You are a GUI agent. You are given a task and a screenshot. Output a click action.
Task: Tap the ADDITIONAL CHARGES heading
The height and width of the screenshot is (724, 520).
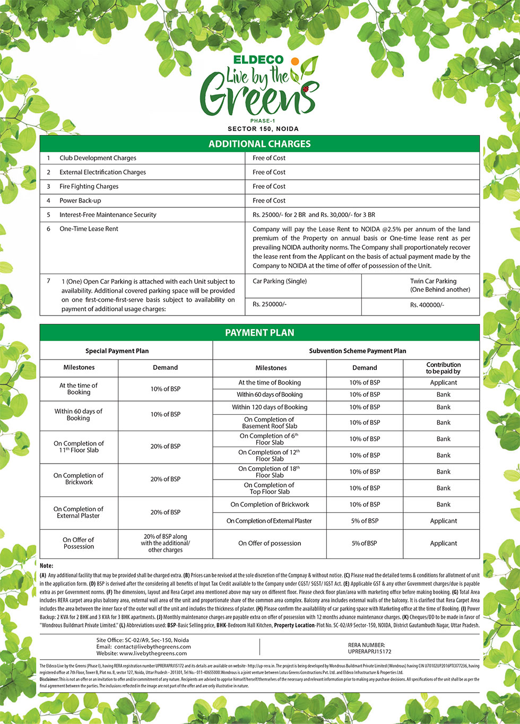pyautogui.click(x=259, y=144)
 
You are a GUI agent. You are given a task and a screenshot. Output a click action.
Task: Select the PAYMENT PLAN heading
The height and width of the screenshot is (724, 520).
pyautogui.click(x=259, y=333)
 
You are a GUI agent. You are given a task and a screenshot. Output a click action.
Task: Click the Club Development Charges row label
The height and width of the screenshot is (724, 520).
pyautogui.click(x=98, y=158)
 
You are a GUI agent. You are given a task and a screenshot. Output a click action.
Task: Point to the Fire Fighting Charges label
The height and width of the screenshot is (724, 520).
pyautogui.click(x=89, y=187)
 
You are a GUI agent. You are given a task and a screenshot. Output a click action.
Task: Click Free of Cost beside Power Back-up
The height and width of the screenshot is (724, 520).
pyautogui.click(x=269, y=200)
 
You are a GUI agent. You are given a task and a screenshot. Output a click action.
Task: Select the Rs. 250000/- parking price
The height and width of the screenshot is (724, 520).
pyautogui.click(x=270, y=304)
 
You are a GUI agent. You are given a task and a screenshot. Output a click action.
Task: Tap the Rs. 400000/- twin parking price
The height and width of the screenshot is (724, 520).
pyautogui.click(x=427, y=305)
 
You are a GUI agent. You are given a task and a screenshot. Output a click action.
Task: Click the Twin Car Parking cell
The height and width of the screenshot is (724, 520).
pyautogui.click(x=440, y=285)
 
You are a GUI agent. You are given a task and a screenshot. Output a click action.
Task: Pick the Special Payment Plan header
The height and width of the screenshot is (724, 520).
pyautogui.click(x=117, y=351)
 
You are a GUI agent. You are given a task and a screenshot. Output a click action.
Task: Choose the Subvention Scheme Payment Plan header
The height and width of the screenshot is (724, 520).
pyautogui.click(x=358, y=351)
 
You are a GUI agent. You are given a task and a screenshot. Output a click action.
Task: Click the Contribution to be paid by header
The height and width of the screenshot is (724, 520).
pyautogui.click(x=443, y=368)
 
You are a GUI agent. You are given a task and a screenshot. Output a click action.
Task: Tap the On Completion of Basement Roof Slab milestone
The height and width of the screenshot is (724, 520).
pyautogui.click(x=270, y=423)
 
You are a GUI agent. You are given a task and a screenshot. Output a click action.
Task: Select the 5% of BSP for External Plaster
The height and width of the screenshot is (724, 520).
pyautogui.click(x=365, y=521)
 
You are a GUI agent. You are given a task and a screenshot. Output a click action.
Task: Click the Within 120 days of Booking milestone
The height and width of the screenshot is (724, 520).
pyautogui.click(x=270, y=407)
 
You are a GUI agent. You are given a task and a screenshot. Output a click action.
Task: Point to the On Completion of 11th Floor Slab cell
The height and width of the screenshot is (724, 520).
pyautogui.click(x=79, y=447)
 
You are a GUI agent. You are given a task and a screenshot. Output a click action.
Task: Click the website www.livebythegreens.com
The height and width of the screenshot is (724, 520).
pyautogui.click(x=153, y=653)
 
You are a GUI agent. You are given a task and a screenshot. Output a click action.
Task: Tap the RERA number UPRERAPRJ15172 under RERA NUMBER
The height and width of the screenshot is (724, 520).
pyautogui.click(x=370, y=651)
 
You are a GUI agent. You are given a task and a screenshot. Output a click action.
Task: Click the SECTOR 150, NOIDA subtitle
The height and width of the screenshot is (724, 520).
pyautogui.click(x=263, y=129)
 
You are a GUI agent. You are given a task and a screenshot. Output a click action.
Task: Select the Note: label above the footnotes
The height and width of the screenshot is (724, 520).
pyautogui.click(x=47, y=566)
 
